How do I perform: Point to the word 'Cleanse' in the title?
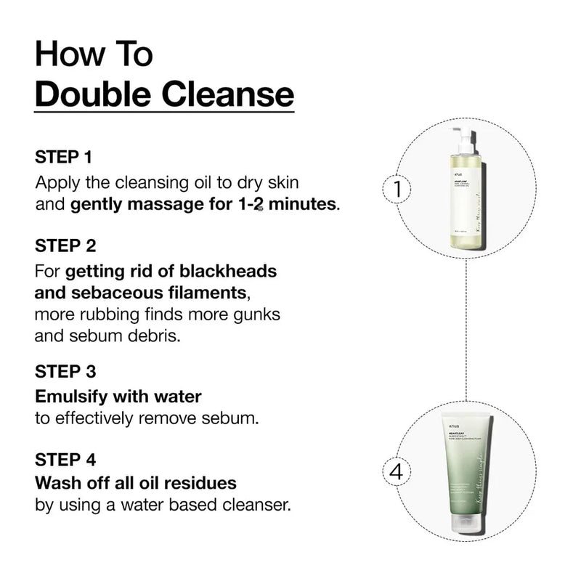[233, 95]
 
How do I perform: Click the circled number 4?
[397, 471]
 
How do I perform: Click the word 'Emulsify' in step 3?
[76, 397]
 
